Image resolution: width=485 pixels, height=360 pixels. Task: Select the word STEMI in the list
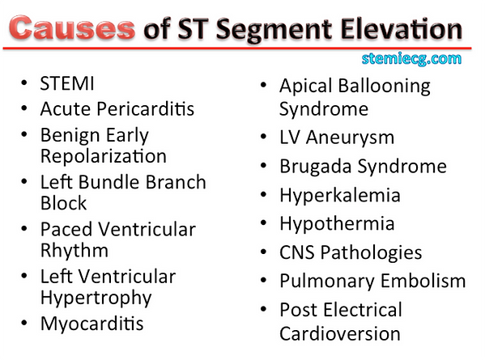point(67,83)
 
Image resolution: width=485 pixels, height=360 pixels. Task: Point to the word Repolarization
point(104,155)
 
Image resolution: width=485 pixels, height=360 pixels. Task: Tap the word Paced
point(66,230)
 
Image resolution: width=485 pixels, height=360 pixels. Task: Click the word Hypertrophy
point(96,298)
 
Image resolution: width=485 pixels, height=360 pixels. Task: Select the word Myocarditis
point(92,324)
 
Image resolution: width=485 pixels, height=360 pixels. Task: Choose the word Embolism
point(421,281)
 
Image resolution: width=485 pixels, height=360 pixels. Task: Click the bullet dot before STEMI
point(25,84)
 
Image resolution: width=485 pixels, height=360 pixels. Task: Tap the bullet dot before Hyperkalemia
point(264,196)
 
